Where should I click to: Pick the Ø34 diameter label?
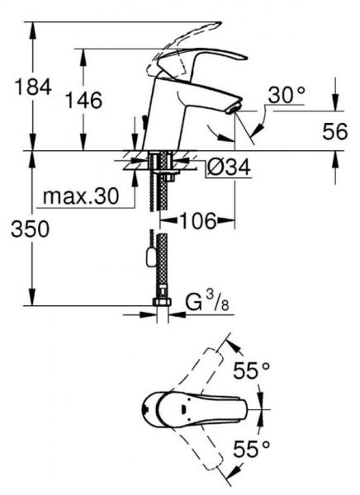pyautogui.click(x=226, y=167)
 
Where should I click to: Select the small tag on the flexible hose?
pyautogui.click(x=149, y=256)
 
